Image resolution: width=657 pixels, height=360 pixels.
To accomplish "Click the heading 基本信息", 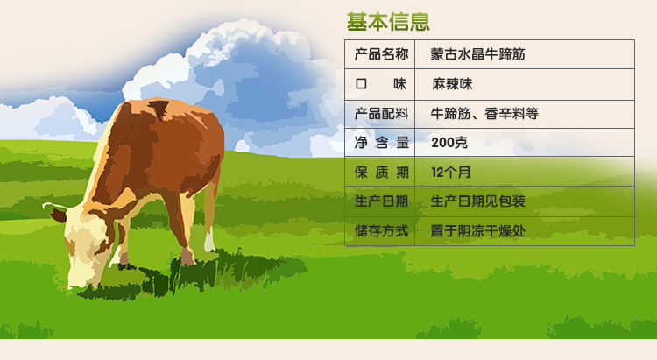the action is pos(388,22).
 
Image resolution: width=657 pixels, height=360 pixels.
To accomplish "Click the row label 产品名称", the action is pos(381,54).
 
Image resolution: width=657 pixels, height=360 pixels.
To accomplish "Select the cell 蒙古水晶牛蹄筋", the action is pos(477,54).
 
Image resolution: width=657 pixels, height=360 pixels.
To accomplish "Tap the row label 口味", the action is pos(381,84).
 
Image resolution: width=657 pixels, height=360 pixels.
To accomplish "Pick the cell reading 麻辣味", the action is pos(452,84).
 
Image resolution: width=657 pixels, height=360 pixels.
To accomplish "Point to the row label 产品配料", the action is pos(381,114).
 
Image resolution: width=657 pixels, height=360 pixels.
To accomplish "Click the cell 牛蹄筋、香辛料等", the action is pos(484,114).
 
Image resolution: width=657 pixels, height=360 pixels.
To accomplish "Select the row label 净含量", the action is pos(382,143).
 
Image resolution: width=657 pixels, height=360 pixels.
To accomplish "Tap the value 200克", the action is pos(449,143).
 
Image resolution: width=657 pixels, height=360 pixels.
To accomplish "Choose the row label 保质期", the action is pos(382,172).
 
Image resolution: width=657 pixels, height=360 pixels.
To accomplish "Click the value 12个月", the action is pos(451,172).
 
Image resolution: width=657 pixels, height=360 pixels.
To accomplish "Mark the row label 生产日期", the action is pos(381,201).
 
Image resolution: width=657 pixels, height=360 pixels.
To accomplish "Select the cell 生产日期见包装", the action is pos(477,201).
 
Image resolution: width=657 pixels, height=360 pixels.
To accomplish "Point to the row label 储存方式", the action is pos(381,230).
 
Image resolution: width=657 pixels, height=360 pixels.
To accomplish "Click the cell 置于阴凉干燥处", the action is pos(477,230).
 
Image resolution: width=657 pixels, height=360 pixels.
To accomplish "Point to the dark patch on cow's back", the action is pos(159,108).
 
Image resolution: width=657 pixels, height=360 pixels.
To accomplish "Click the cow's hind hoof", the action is pos(187,257).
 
